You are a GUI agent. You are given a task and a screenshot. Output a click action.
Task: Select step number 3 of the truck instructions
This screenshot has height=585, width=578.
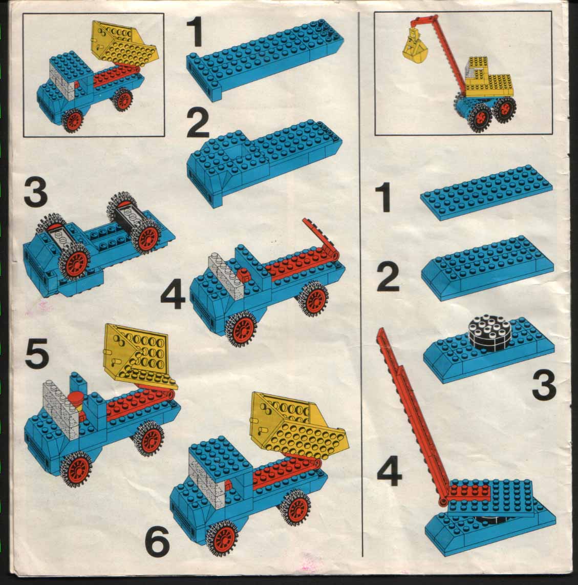tap(35, 193)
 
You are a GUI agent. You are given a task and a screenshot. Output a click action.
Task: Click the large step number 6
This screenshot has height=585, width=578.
tap(157, 542)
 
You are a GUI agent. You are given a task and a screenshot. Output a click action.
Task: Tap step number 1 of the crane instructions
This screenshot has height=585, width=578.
tap(383, 198)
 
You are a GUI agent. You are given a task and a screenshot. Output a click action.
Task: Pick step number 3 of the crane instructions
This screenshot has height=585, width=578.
tap(544, 387)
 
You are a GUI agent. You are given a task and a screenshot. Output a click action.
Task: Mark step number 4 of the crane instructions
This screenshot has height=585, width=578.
tap(390, 473)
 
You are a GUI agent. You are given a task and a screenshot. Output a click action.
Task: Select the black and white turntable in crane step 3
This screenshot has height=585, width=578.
tap(487, 331)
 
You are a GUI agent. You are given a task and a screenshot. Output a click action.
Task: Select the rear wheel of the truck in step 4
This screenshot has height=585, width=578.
tap(314, 300)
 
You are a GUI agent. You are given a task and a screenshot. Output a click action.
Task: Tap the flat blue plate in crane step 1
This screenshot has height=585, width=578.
tap(486, 192)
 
